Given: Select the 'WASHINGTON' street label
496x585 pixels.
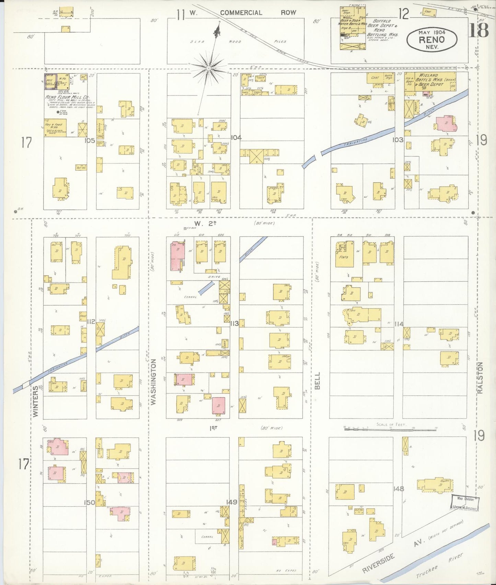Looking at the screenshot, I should [153, 382].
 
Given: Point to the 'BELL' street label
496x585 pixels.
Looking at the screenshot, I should [317, 381].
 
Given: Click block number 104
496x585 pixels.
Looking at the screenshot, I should [236, 137].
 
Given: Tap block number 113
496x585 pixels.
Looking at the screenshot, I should [234, 323].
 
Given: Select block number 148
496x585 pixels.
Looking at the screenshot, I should [399, 489].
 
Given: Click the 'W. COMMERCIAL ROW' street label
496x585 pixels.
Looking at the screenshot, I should [241, 13].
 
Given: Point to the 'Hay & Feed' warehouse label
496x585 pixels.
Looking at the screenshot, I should [55, 123].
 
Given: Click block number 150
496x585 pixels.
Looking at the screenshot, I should [90, 503].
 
